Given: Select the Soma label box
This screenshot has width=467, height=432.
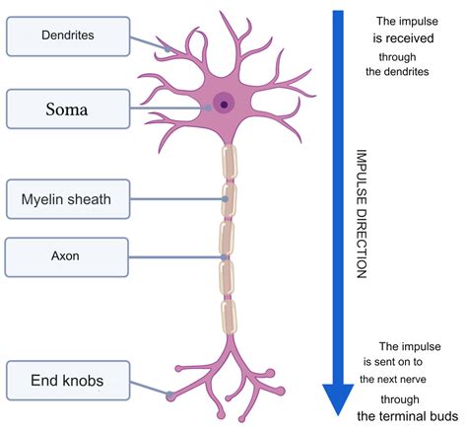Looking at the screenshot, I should (x=67, y=108).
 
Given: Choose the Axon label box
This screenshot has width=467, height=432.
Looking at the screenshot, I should (x=66, y=257).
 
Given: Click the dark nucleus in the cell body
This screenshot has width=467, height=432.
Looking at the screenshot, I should (x=225, y=105).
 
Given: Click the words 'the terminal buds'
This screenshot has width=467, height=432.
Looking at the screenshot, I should (x=404, y=415).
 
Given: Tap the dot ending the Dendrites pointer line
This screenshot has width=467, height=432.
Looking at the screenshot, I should (x=167, y=47).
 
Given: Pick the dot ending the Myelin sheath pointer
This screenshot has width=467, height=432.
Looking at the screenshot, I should (x=226, y=199).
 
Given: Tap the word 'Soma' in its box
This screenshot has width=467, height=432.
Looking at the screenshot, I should (x=67, y=108).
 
